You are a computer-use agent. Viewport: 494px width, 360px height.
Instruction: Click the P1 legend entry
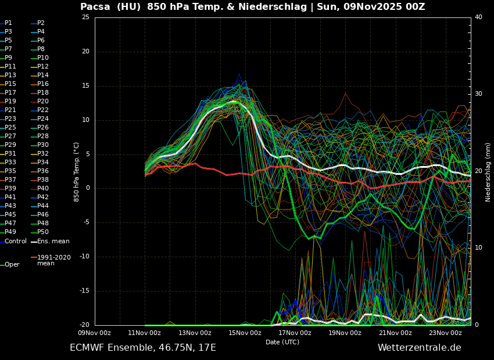[x=8, y=23]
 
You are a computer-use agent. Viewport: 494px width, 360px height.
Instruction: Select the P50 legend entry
[x=43, y=232]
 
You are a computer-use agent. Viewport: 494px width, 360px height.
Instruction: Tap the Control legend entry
[x=16, y=242]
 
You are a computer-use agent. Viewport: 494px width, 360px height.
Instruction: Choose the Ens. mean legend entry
[x=53, y=242]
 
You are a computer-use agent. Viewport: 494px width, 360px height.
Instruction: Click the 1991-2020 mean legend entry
[x=53, y=260]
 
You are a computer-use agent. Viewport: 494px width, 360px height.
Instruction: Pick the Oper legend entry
[x=12, y=265]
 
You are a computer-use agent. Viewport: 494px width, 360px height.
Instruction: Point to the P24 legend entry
[x=43, y=119]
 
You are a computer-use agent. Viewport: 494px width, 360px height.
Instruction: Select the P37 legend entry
[x=10, y=180]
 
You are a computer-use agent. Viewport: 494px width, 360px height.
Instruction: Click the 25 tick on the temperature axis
[x=85, y=17]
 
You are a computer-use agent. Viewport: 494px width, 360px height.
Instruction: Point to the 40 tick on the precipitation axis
[x=478, y=17]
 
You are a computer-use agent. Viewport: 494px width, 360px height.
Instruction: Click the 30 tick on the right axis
[x=478, y=94]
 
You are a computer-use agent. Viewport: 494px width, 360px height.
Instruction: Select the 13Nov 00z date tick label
[x=195, y=333]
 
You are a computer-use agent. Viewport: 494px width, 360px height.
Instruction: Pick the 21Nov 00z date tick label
[x=395, y=333]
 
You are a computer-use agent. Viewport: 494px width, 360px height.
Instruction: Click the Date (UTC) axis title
[x=282, y=343]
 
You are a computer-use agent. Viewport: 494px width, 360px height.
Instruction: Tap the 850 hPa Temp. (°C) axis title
[x=77, y=171]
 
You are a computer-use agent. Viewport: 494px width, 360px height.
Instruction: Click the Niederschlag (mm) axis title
[x=488, y=172]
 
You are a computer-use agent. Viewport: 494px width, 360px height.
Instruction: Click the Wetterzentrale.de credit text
[x=419, y=348]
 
